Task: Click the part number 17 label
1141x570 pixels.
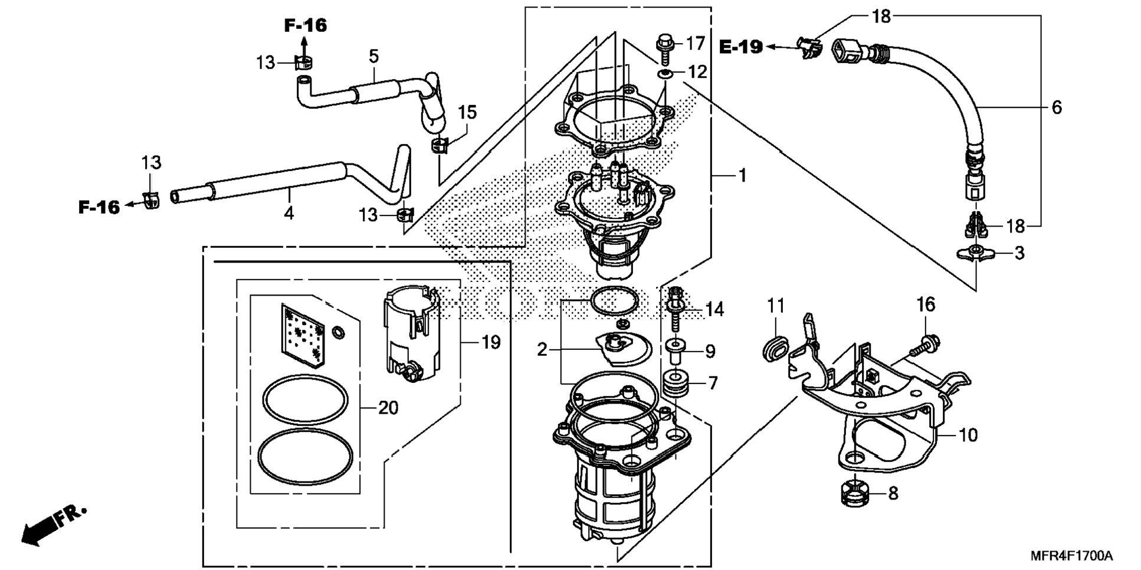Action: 696,43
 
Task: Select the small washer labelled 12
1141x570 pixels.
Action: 665,73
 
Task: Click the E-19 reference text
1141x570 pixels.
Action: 741,47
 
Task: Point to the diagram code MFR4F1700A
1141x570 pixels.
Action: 1071,556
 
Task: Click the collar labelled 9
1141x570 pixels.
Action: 675,350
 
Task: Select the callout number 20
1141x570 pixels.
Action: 388,408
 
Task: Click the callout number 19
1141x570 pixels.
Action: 491,342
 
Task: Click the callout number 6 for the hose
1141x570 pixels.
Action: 1056,107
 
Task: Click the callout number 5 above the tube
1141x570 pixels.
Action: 373,57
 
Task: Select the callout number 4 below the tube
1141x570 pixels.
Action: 288,213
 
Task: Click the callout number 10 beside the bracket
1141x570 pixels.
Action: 968,435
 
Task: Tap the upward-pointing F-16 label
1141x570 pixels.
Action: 305,25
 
